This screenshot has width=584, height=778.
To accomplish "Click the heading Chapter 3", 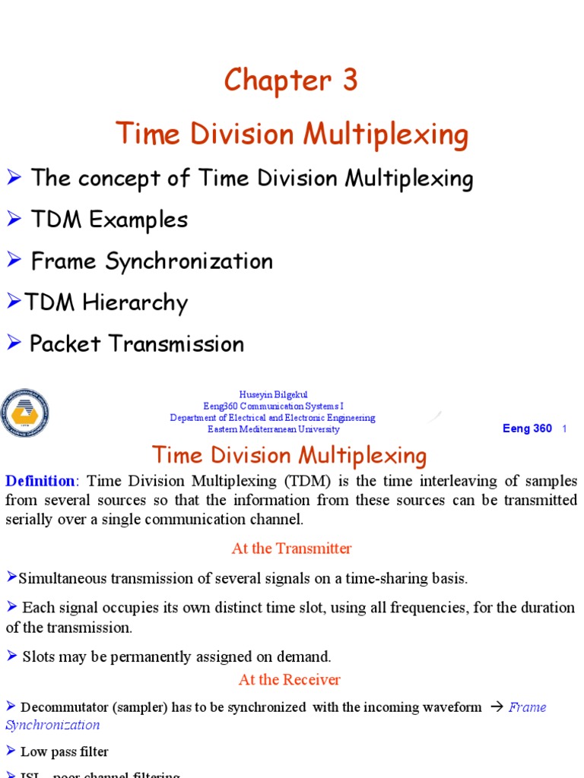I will [290, 81].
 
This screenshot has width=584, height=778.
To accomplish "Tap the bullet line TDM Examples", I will [109, 220].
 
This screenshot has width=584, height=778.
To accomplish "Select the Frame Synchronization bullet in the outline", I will [151, 261].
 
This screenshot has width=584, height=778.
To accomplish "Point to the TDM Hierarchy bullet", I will [106, 302].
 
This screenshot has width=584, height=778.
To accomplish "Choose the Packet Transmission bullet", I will [137, 343].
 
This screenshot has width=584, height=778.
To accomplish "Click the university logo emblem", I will [25, 413].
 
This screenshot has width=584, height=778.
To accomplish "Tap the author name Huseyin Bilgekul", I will [272, 394].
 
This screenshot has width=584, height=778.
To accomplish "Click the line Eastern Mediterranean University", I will [273, 429].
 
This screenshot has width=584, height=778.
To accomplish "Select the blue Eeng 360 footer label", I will [527, 429].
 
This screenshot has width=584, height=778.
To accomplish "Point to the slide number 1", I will [564, 429].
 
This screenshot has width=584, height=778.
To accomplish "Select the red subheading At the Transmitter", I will [291, 548].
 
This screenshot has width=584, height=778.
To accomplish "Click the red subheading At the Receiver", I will [289, 679].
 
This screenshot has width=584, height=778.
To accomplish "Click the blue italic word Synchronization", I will [52, 725].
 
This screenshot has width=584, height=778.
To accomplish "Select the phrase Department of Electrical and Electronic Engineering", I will [272, 418].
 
